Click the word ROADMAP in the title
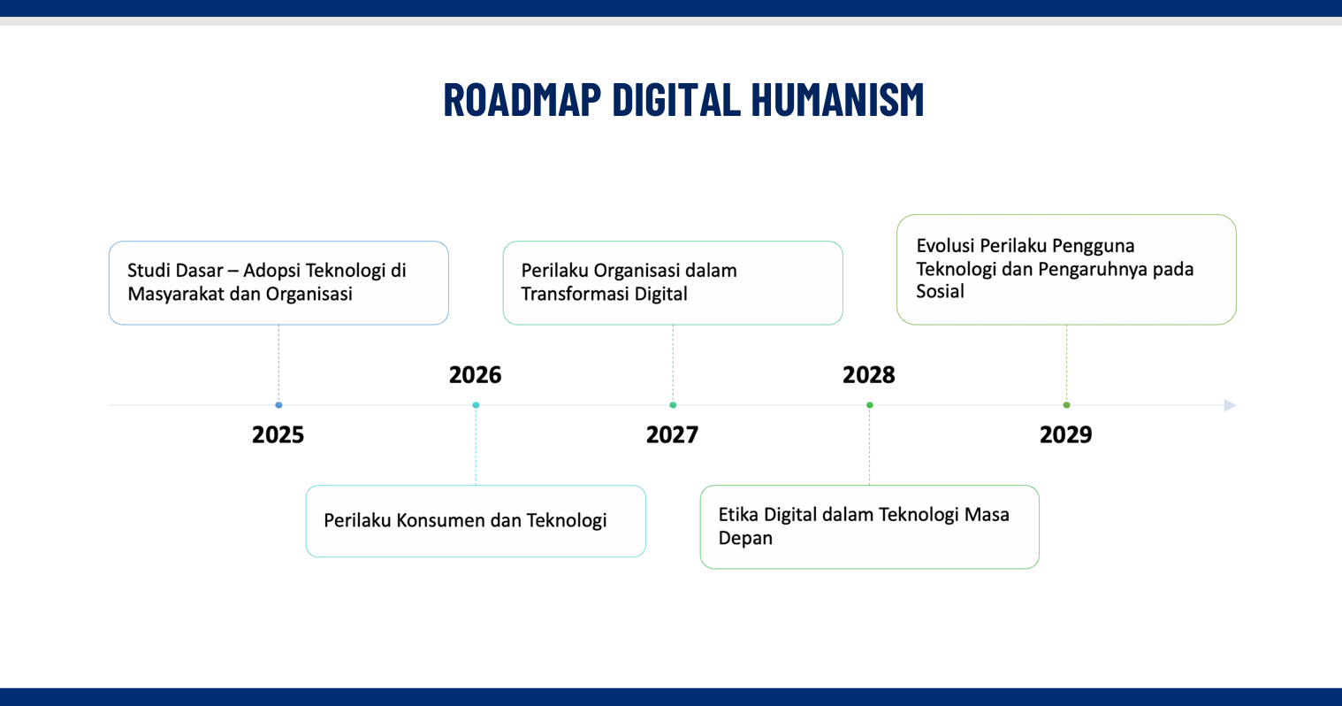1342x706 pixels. click(522, 99)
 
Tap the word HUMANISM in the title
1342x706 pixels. click(837, 99)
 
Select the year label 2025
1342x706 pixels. click(278, 434)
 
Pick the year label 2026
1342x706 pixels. click(475, 374)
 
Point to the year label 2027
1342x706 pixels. click(672, 434)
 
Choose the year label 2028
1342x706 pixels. click(869, 374)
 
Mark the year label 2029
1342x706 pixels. click(1066, 434)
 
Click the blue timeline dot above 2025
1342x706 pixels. click(278, 405)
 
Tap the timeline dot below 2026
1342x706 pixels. click(476, 405)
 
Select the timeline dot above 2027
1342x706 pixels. click(673, 405)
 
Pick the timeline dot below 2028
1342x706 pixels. click(870, 405)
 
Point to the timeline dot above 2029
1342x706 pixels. click(1066, 405)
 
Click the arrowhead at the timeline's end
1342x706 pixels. click(1230, 405)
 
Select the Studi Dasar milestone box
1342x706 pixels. click(278, 283)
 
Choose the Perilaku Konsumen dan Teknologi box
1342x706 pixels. click(476, 521)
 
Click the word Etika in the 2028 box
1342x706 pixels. click(739, 514)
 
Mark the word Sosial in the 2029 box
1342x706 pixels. click(940, 291)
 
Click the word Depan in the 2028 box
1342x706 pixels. click(745, 538)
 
